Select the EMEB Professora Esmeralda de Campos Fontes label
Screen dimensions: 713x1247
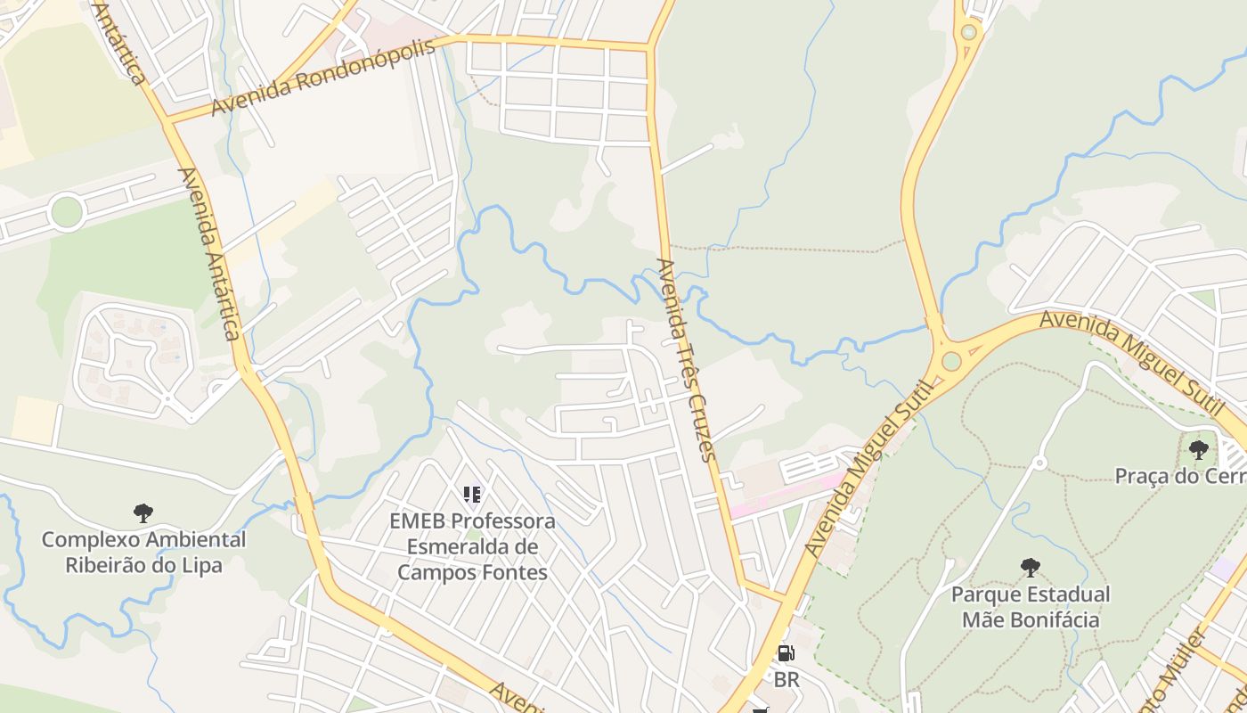click(x=472, y=546)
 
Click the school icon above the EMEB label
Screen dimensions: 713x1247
click(x=472, y=494)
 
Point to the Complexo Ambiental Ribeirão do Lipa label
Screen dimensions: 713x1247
click(x=143, y=552)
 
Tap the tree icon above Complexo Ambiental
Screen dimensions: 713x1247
click(x=143, y=512)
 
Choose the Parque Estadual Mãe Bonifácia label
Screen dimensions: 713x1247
click(x=1031, y=606)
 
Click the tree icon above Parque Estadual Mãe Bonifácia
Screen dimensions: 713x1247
click(x=1031, y=567)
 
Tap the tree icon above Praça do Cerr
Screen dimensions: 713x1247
click(x=1199, y=449)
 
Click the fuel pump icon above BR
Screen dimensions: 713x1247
click(x=786, y=653)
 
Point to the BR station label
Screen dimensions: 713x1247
click(x=787, y=679)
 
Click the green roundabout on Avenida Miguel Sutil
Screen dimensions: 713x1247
click(x=951, y=361)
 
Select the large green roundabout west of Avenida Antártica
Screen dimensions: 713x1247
click(x=67, y=212)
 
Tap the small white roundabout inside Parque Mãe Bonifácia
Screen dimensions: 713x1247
click(x=1039, y=463)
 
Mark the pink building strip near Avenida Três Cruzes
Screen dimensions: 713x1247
click(x=784, y=496)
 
